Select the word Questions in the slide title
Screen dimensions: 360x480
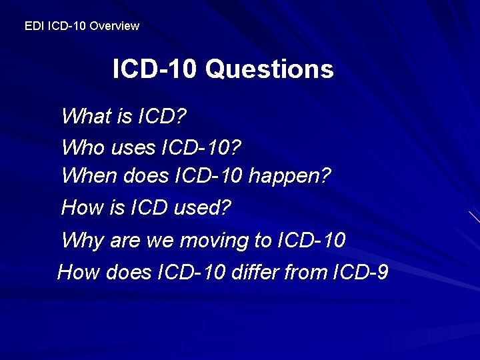click(269, 69)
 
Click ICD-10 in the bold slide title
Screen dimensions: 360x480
click(155, 69)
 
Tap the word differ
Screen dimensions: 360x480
click(251, 272)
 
